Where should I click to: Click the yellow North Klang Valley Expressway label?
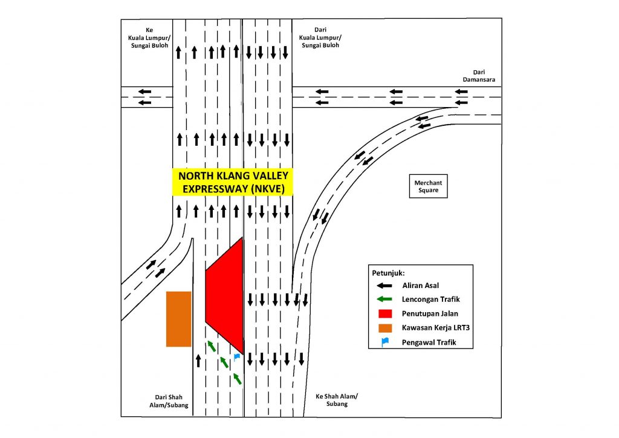pyautogui.click(x=233, y=182)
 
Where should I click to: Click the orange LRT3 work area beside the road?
pyautogui.click(x=179, y=319)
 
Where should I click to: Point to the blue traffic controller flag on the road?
pyautogui.click(x=237, y=358)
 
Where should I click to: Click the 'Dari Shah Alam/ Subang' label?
pyautogui.click(x=170, y=401)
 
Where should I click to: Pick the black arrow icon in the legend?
pyautogui.click(x=384, y=286)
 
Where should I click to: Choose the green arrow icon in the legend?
pyautogui.click(x=384, y=300)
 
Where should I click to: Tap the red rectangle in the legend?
pyautogui.click(x=384, y=314)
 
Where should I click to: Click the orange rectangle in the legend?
pyautogui.click(x=384, y=328)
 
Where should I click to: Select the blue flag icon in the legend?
pyautogui.click(x=384, y=343)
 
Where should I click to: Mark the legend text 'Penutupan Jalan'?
pyautogui.click(x=427, y=314)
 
